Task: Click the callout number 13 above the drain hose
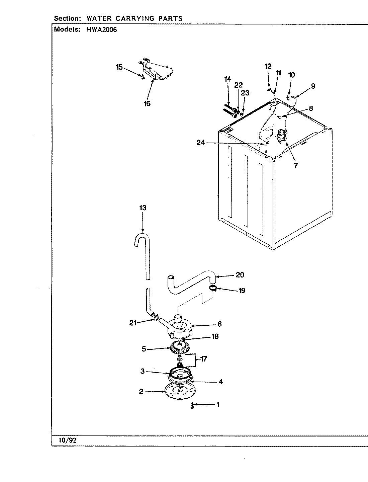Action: pyautogui.click(x=143, y=208)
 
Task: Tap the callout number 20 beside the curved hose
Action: pyautogui.click(x=240, y=275)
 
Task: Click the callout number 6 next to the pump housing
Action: pyautogui.click(x=219, y=324)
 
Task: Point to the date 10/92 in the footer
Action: pyautogui.click(x=64, y=440)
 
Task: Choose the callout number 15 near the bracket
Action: pyautogui.click(x=119, y=67)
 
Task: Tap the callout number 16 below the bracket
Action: pyautogui.click(x=147, y=103)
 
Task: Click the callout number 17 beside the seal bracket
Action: pyautogui.click(x=203, y=359)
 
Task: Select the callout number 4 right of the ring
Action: pyautogui.click(x=220, y=382)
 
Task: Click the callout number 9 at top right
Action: pyautogui.click(x=313, y=86)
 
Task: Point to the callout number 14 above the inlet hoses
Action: pyautogui.click(x=227, y=79)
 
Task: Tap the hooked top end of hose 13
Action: pyautogui.click(x=142, y=238)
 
